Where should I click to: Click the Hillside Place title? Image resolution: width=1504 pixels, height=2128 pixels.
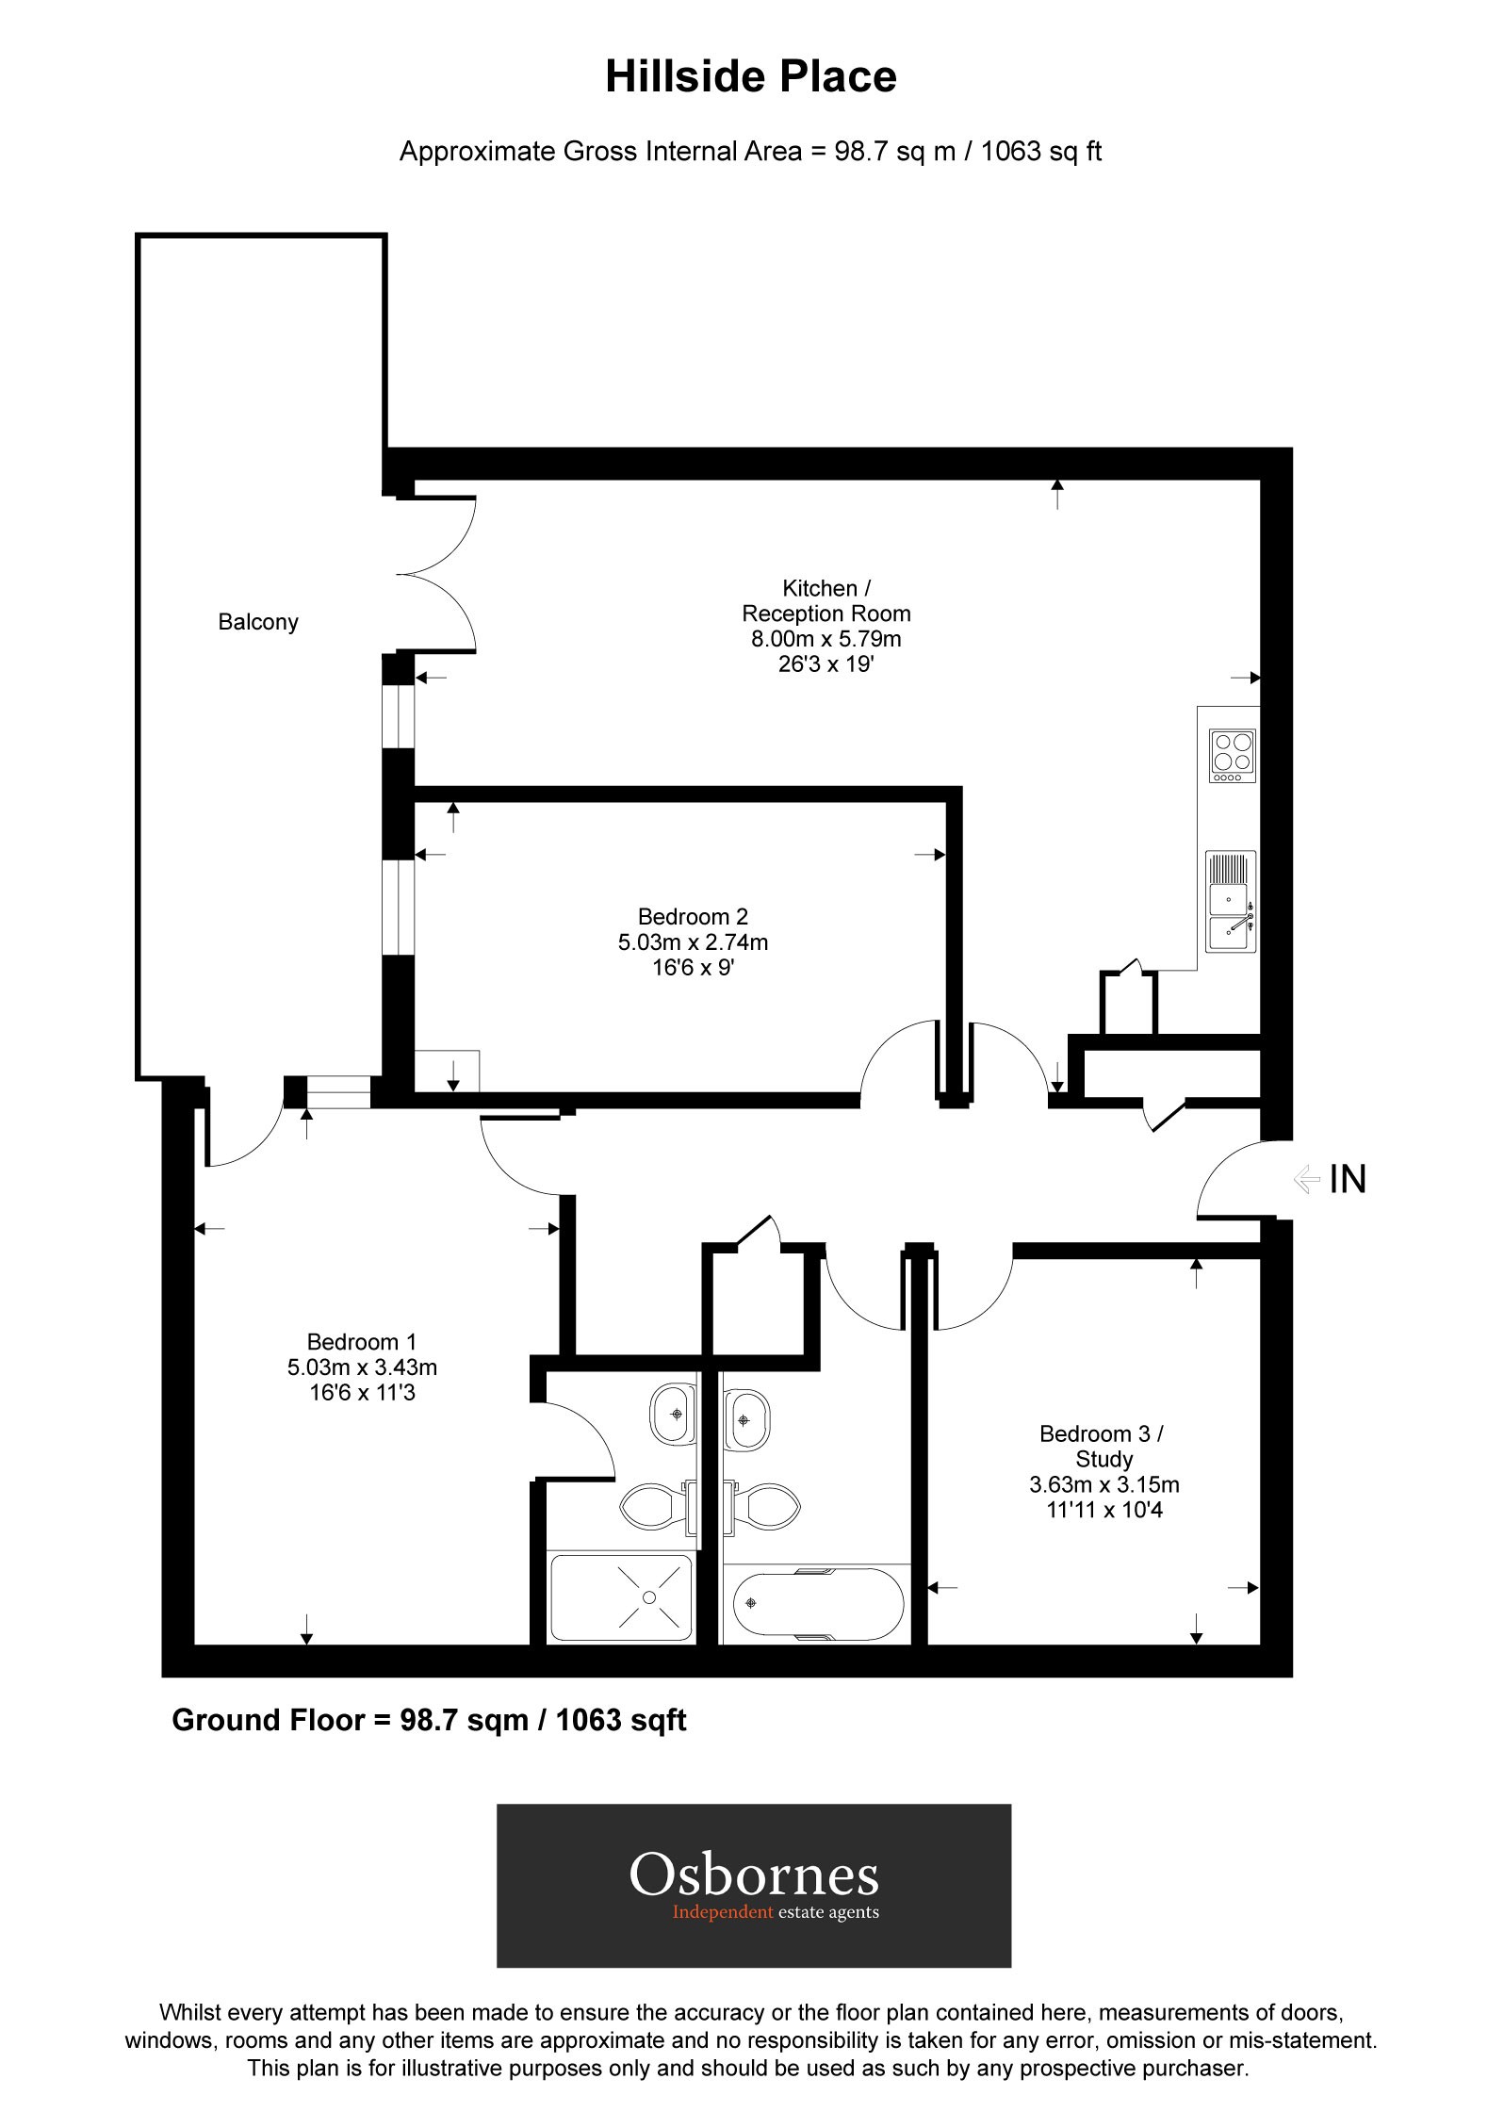point(750,76)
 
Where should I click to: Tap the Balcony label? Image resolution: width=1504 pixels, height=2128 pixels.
point(257,622)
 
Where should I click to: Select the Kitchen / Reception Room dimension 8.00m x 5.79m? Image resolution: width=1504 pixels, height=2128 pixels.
point(826,639)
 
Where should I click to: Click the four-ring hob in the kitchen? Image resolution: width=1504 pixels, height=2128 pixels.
point(1233,756)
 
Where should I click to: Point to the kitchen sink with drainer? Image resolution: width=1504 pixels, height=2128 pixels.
point(1231,903)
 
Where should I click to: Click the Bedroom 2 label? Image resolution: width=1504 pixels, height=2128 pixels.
point(693,916)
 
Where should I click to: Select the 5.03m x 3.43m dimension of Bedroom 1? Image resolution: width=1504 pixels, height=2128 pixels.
point(362,1367)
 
